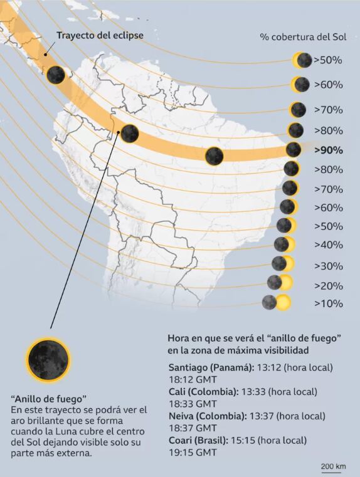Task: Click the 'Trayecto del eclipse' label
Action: [x=100, y=35]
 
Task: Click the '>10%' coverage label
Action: [x=328, y=303]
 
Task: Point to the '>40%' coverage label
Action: [x=328, y=244]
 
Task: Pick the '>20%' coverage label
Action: [x=328, y=286]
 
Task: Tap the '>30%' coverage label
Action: [x=328, y=266]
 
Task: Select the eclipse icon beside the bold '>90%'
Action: [x=294, y=150]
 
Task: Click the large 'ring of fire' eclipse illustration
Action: [x=48, y=358]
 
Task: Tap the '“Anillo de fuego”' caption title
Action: [x=48, y=399]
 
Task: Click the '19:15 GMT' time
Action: [x=193, y=452]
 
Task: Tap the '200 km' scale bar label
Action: [x=333, y=466]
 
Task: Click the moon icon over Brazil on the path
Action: [x=214, y=155]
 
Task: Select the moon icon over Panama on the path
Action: [x=56, y=75]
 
